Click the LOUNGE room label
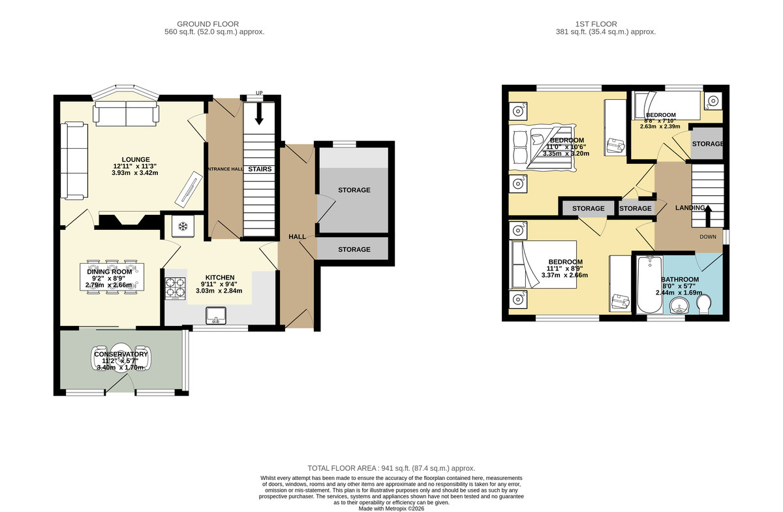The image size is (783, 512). [x=136, y=159]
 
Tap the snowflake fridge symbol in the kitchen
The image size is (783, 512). [x=183, y=227]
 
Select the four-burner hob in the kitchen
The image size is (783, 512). [x=175, y=289]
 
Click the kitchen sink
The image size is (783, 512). [x=216, y=315]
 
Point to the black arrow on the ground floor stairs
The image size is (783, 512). [x=259, y=114]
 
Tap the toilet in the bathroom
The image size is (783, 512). [x=703, y=304]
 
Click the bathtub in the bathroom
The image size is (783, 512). [x=649, y=284]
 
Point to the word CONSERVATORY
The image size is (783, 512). [x=121, y=354]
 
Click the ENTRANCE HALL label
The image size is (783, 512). [x=224, y=169]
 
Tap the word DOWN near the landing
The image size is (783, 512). [x=708, y=236]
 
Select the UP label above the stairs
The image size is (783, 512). [x=259, y=93]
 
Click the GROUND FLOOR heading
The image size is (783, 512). [x=207, y=24]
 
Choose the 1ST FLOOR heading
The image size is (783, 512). [x=596, y=24]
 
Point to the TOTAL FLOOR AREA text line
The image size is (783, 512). [x=391, y=468]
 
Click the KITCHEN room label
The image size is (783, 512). [x=220, y=278]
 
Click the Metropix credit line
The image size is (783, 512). [x=391, y=509]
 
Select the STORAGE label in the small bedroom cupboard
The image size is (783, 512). [x=707, y=144]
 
